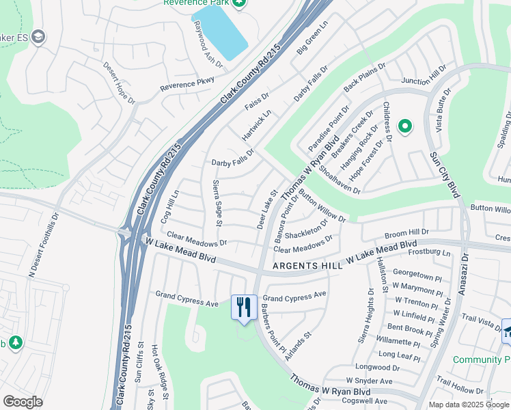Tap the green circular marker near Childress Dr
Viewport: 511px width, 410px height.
click(404, 126)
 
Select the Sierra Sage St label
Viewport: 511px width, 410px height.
click(217, 202)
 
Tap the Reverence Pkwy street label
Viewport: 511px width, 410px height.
click(187, 85)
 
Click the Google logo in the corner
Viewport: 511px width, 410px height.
click(23, 402)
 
